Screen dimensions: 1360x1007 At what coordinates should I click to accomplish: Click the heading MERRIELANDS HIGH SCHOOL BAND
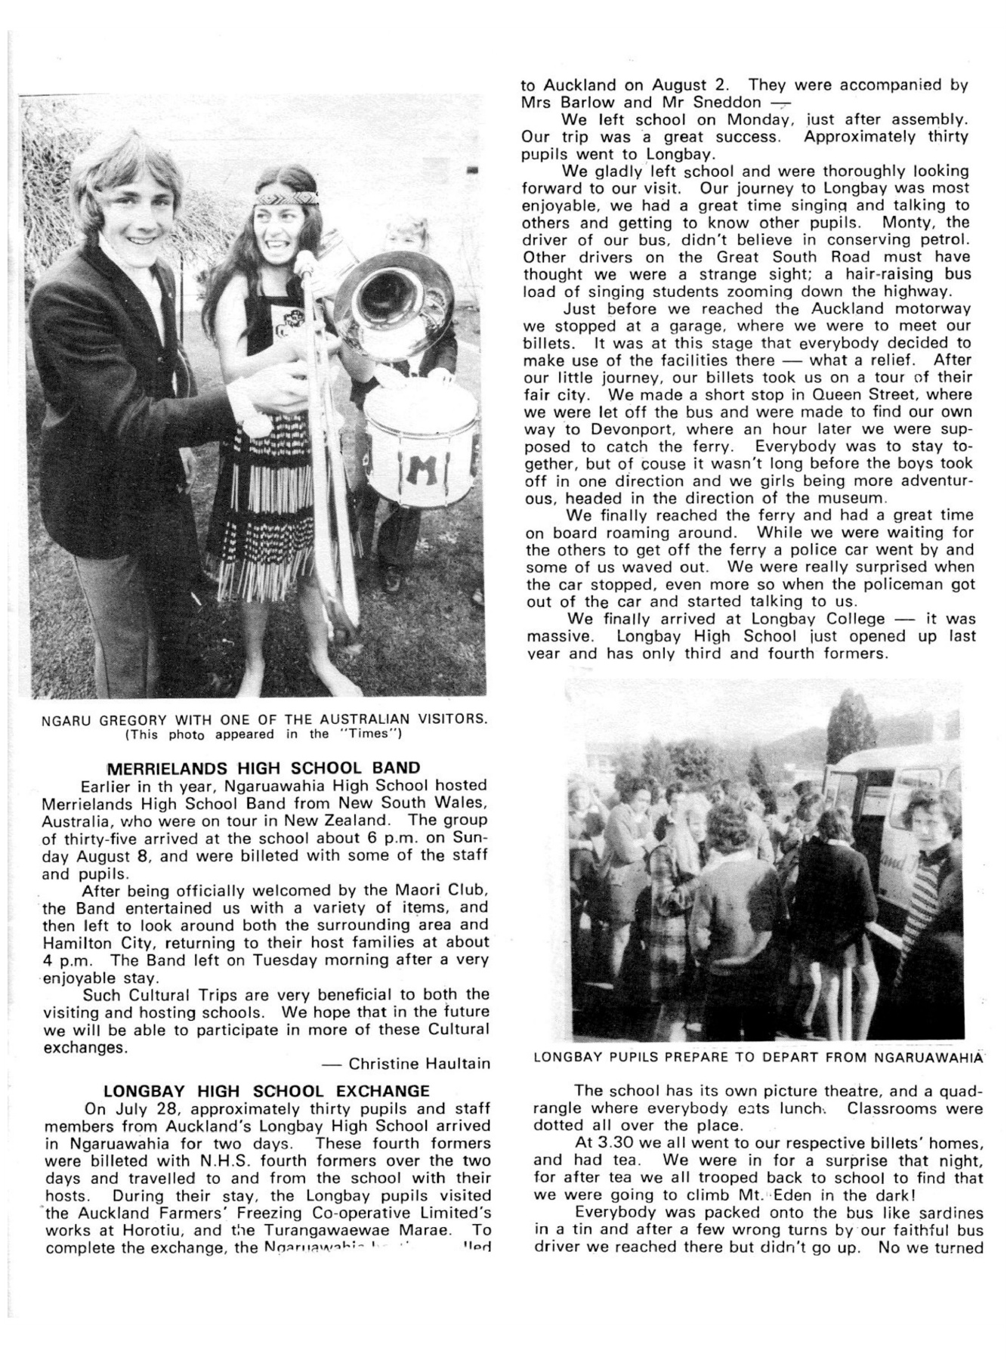click(x=264, y=769)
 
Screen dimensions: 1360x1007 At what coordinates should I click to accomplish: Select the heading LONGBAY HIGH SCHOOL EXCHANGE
click(x=266, y=1091)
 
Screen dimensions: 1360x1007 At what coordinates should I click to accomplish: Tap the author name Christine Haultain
click(x=418, y=1064)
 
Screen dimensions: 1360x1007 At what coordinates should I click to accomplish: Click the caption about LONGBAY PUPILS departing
click(x=758, y=1057)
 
